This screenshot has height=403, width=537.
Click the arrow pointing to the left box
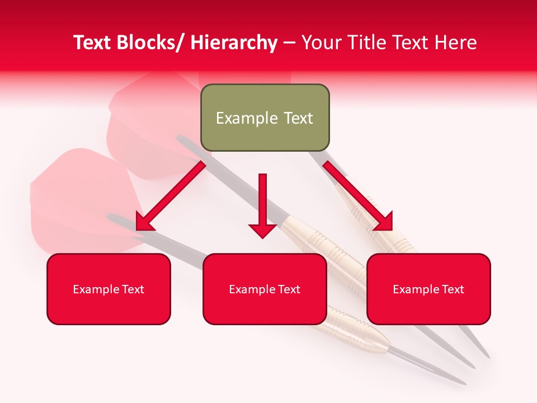pyautogui.click(x=171, y=196)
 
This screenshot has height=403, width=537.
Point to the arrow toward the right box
pyautogui.click(x=358, y=196)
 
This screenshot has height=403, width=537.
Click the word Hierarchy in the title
pyautogui.click(x=234, y=43)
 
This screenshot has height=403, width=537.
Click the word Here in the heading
pyautogui.click(x=455, y=43)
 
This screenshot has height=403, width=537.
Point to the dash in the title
pyautogui.click(x=289, y=43)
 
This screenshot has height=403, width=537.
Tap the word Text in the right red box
pyautogui.click(x=453, y=289)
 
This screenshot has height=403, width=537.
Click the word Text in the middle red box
pyautogui.click(x=289, y=289)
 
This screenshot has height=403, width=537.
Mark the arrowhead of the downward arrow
pyautogui.click(x=262, y=229)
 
